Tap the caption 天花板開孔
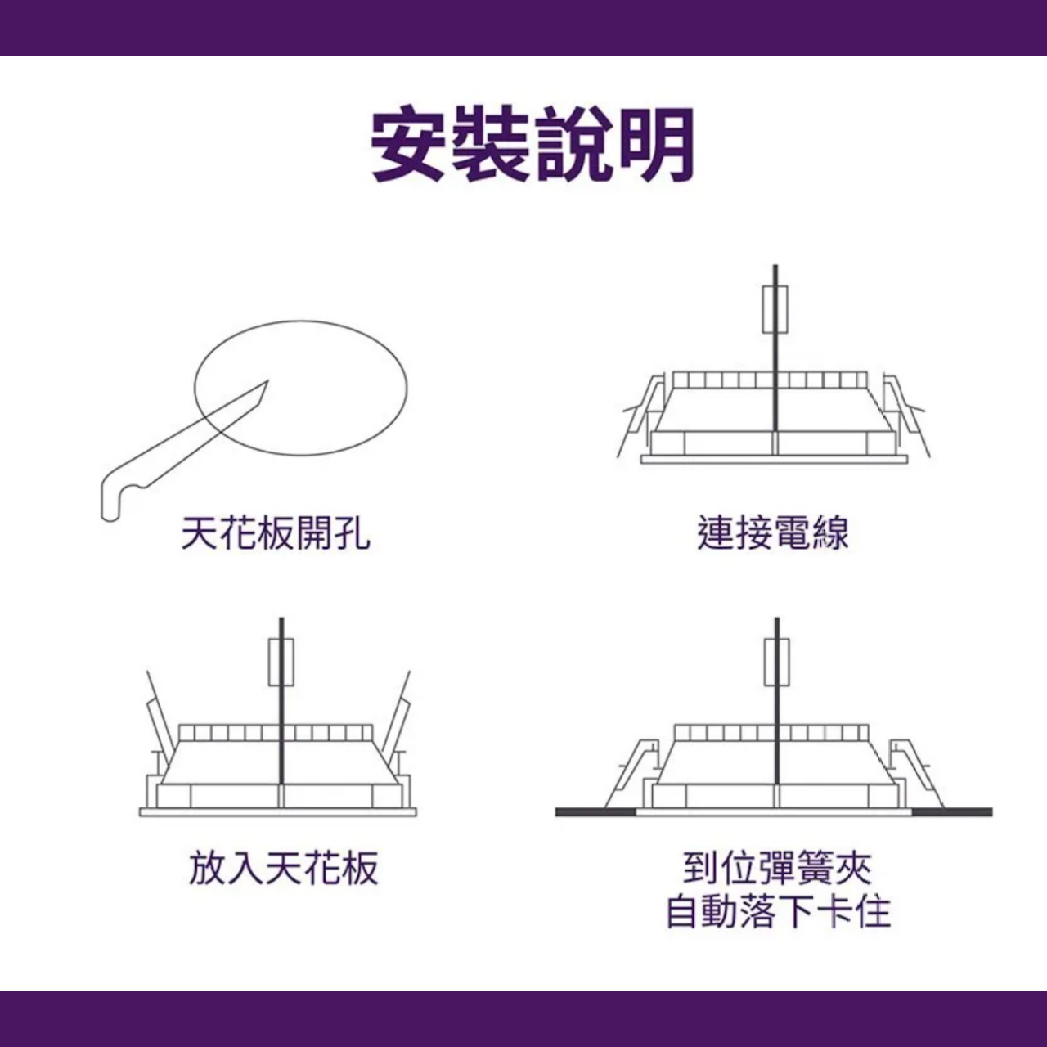[276, 533]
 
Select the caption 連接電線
[773, 533]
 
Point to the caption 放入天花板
[283, 868]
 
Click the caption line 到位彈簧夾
[777, 868]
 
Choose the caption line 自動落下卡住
[778, 913]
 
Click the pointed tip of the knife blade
[267, 381]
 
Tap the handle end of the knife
[109, 515]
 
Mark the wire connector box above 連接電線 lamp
[775, 310]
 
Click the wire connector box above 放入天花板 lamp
[281, 663]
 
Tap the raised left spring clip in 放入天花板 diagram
[156, 728]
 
